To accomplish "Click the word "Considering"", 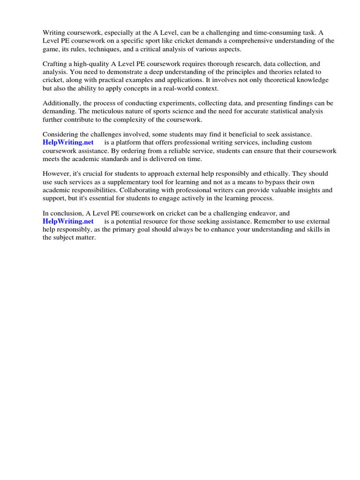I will click(61, 135).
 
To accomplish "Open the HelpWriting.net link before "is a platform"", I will click(68, 142).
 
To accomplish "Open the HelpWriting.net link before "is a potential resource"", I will click(68, 221).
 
